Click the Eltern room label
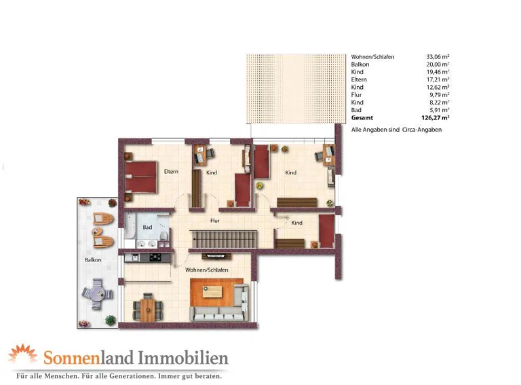pos(171,172)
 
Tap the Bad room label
pos(147,227)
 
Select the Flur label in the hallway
pos(215,221)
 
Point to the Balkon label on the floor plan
pos(93,259)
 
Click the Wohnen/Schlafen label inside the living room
pos(207,270)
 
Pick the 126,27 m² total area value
pos(436,117)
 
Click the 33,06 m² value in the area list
pos(438,57)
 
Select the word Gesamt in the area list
pos(362,117)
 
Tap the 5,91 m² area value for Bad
pos(440,110)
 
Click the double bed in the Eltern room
pos(140,177)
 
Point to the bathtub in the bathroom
pos(130,225)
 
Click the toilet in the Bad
pos(163,236)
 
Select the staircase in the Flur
pos(225,239)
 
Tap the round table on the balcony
pos(98,294)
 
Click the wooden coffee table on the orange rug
pos(212,292)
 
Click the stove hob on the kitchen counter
pos(155,257)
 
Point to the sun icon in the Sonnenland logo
pos(22,353)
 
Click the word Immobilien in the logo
pos(183,358)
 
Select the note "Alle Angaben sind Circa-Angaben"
pos(396,130)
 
